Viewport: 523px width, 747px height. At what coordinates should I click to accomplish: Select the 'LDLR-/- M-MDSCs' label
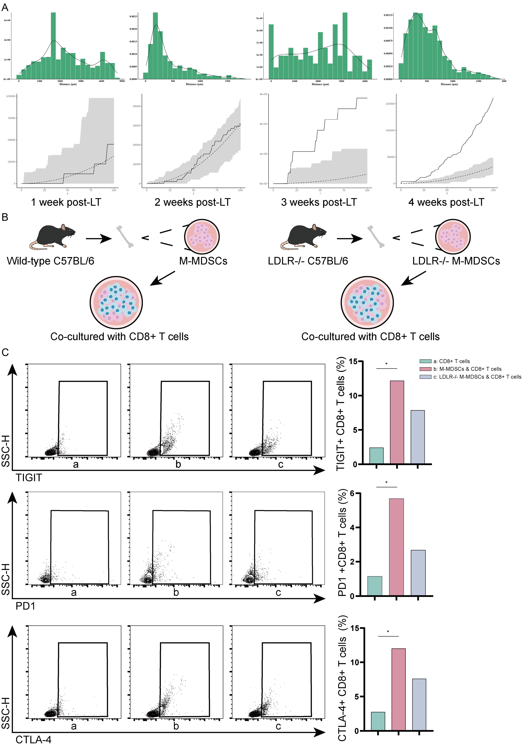(x=456, y=261)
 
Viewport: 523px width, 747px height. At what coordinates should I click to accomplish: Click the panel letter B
(x=5, y=217)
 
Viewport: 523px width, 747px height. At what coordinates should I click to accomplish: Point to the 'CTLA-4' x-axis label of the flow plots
(x=34, y=739)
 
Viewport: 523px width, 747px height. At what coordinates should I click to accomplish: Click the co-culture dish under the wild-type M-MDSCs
(x=116, y=303)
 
